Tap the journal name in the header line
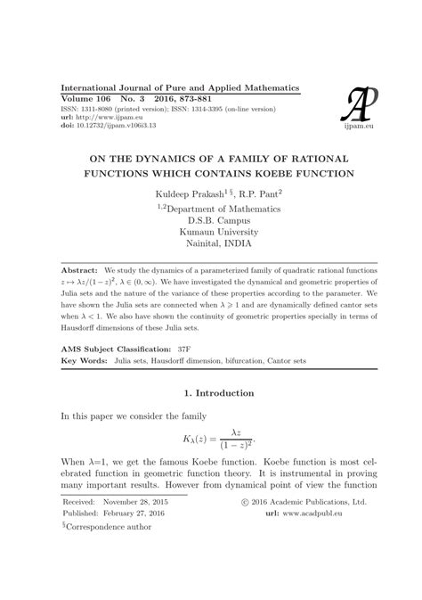(179, 88)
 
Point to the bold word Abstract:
(78, 268)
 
